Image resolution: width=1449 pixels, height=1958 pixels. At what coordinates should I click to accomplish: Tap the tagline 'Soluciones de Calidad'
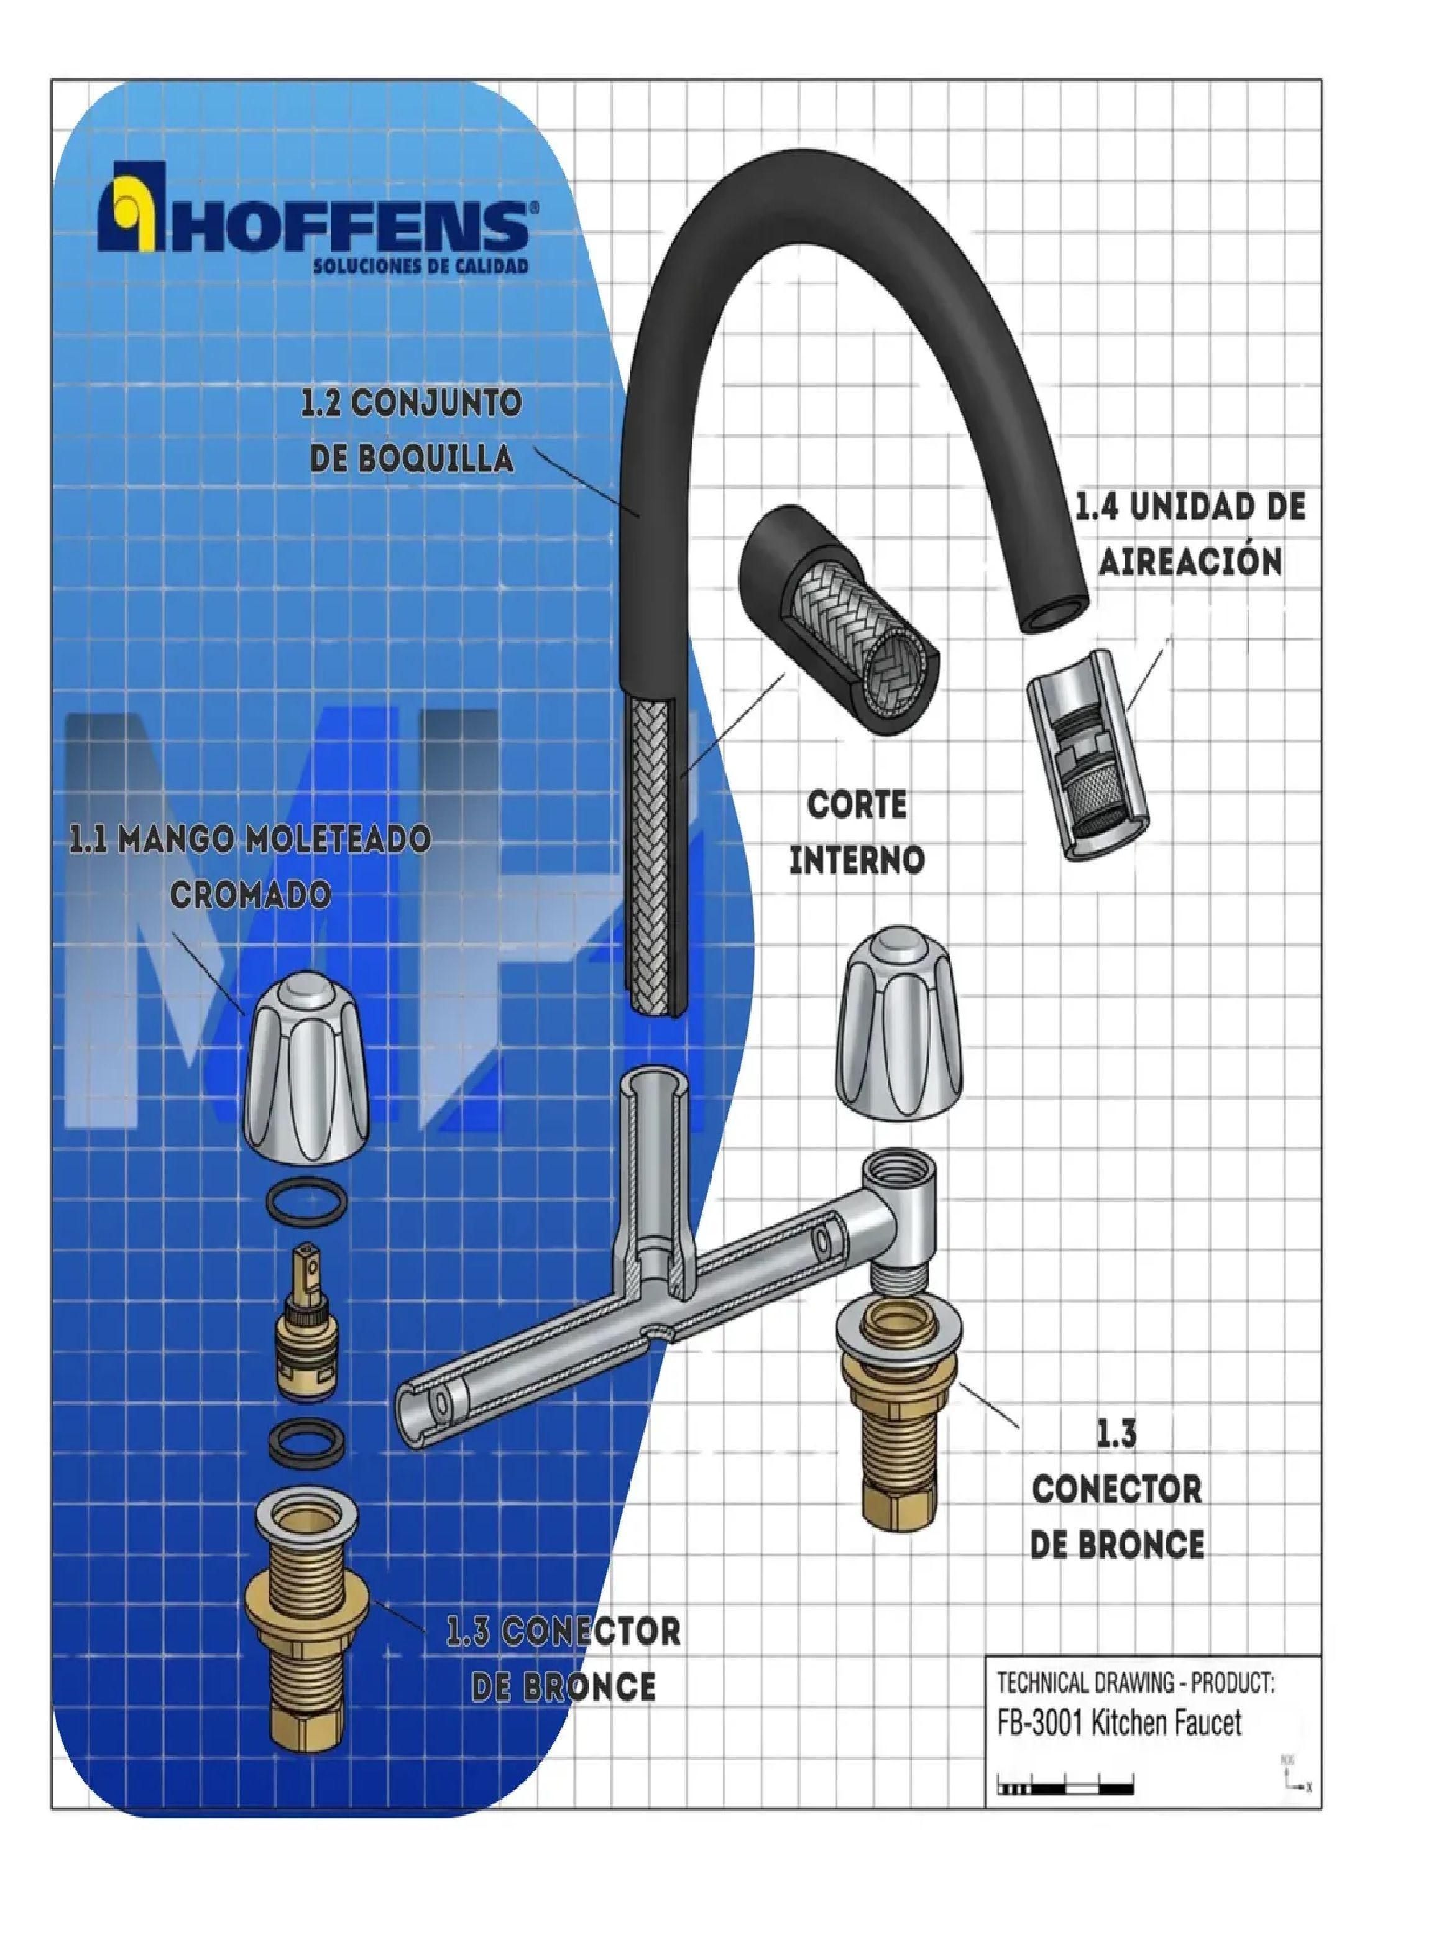[x=421, y=265]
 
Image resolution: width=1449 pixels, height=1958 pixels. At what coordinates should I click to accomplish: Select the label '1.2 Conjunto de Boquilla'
[x=412, y=431]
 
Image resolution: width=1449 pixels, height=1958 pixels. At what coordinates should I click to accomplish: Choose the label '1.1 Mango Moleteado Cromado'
[x=250, y=866]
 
